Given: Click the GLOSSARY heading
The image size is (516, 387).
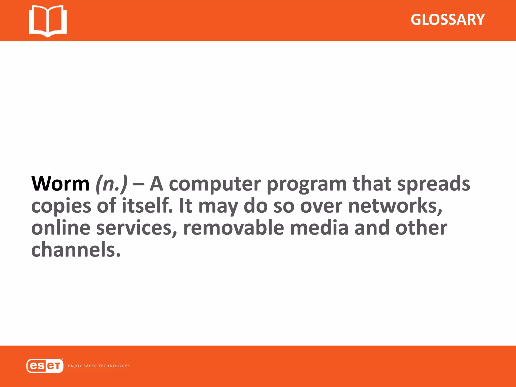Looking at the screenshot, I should [447, 20].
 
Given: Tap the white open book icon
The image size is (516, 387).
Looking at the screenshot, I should [48, 21].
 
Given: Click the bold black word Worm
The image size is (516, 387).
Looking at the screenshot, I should [60, 184].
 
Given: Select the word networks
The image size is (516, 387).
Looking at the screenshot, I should [395, 206].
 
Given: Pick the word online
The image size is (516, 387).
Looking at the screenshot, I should [61, 228].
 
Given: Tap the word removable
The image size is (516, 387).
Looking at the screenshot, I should [234, 228].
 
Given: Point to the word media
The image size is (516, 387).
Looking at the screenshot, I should [319, 228].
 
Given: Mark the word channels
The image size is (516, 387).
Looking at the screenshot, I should [76, 250].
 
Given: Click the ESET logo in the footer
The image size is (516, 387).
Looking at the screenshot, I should [45, 366].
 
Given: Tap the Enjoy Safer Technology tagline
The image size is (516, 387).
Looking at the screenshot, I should [99, 366].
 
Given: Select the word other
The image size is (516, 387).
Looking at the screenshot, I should [421, 228].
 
